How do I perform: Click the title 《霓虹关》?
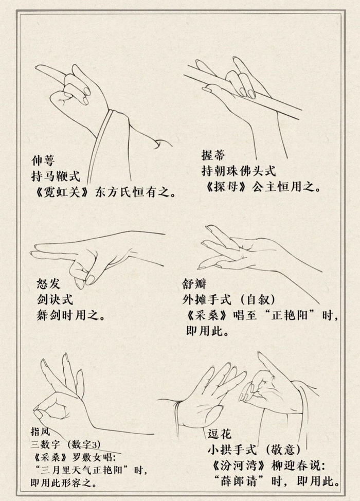coord(58,193)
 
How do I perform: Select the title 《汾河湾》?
coord(237,466)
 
